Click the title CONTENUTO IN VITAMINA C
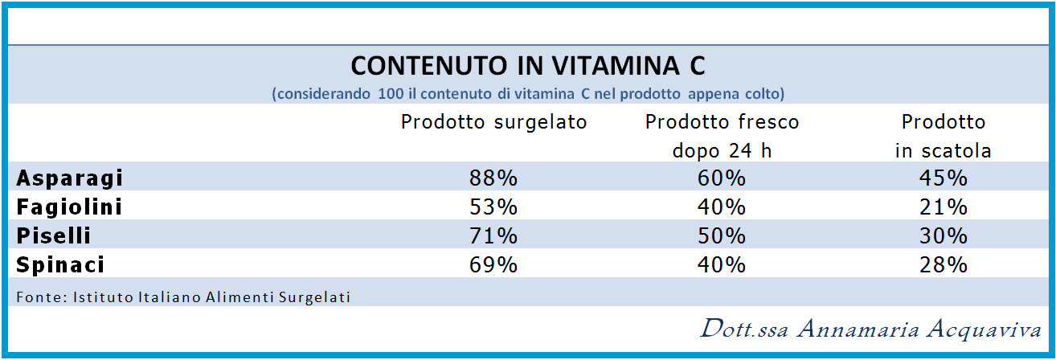(x=528, y=65)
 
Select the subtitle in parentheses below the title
(x=528, y=93)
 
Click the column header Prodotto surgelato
(x=494, y=122)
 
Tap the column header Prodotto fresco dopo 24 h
(x=722, y=136)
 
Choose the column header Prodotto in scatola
(x=943, y=136)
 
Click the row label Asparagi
(x=70, y=178)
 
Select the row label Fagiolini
(x=70, y=207)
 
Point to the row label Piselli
(x=54, y=236)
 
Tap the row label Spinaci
(x=61, y=265)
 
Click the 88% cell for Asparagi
(x=493, y=178)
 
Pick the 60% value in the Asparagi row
(x=722, y=178)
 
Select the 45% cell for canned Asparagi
(x=943, y=178)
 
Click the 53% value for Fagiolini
(x=493, y=207)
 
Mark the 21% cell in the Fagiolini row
(x=943, y=207)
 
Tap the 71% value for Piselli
(x=493, y=236)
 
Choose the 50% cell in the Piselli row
(x=722, y=236)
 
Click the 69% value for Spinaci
(x=493, y=265)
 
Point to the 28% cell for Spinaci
(x=943, y=265)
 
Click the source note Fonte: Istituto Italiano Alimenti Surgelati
(x=183, y=297)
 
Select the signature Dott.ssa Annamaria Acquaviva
(x=870, y=329)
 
